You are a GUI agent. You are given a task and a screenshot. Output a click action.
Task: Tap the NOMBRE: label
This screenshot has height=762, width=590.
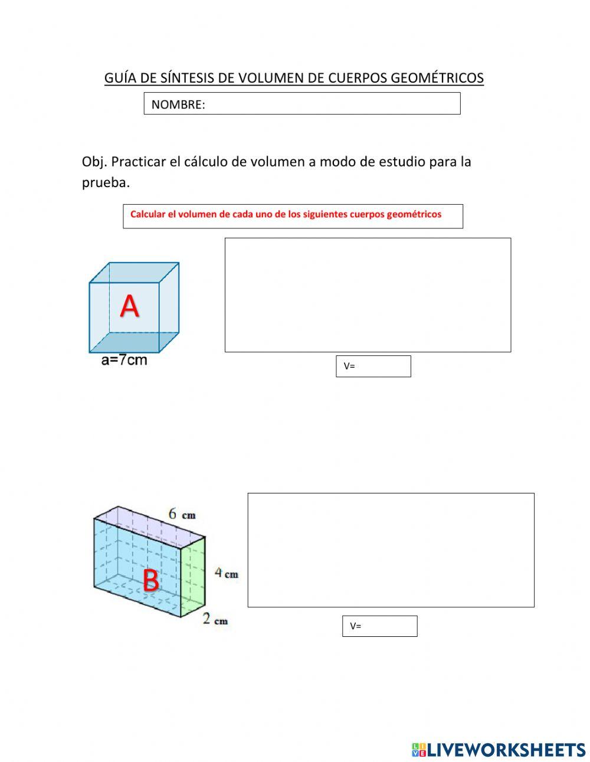pyautogui.click(x=178, y=105)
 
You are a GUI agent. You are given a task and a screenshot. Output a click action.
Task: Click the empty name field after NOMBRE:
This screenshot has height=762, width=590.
pyautogui.click(x=330, y=104)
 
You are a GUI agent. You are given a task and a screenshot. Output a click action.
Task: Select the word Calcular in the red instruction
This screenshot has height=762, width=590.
pyautogui.click(x=147, y=214)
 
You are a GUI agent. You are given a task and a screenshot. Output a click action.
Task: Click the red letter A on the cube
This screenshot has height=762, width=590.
pyautogui.click(x=130, y=306)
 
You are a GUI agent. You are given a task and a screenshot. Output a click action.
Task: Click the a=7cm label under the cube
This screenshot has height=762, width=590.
pyautogui.click(x=124, y=360)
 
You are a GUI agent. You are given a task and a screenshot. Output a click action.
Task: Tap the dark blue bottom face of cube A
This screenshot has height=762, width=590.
pyautogui.click(x=134, y=342)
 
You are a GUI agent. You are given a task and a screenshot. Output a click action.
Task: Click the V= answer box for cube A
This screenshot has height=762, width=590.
pyautogui.click(x=373, y=366)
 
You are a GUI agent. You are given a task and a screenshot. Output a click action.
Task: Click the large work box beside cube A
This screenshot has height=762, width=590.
pyautogui.click(x=368, y=295)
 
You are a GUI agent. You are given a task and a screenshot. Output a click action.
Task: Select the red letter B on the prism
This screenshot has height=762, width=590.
pyautogui.click(x=151, y=581)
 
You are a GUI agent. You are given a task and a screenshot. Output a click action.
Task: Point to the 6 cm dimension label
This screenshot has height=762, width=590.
pyautogui.click(x=182, y=514)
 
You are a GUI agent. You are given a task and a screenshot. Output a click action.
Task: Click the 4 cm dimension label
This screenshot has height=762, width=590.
pyautogui.click(x=226, y=573)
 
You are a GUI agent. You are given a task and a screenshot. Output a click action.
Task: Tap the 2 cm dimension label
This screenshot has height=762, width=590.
pyautogui.click(x=215, y=620)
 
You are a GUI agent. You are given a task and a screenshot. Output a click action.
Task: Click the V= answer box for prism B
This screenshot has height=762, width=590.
pyautogui.click(x=380, y=626)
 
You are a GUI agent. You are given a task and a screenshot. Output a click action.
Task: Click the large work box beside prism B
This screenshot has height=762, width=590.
pyautogui.click(x=391, y=550)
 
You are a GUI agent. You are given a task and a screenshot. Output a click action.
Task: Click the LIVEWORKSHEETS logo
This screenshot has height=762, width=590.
pyautogui.click(x=499, y=750)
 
